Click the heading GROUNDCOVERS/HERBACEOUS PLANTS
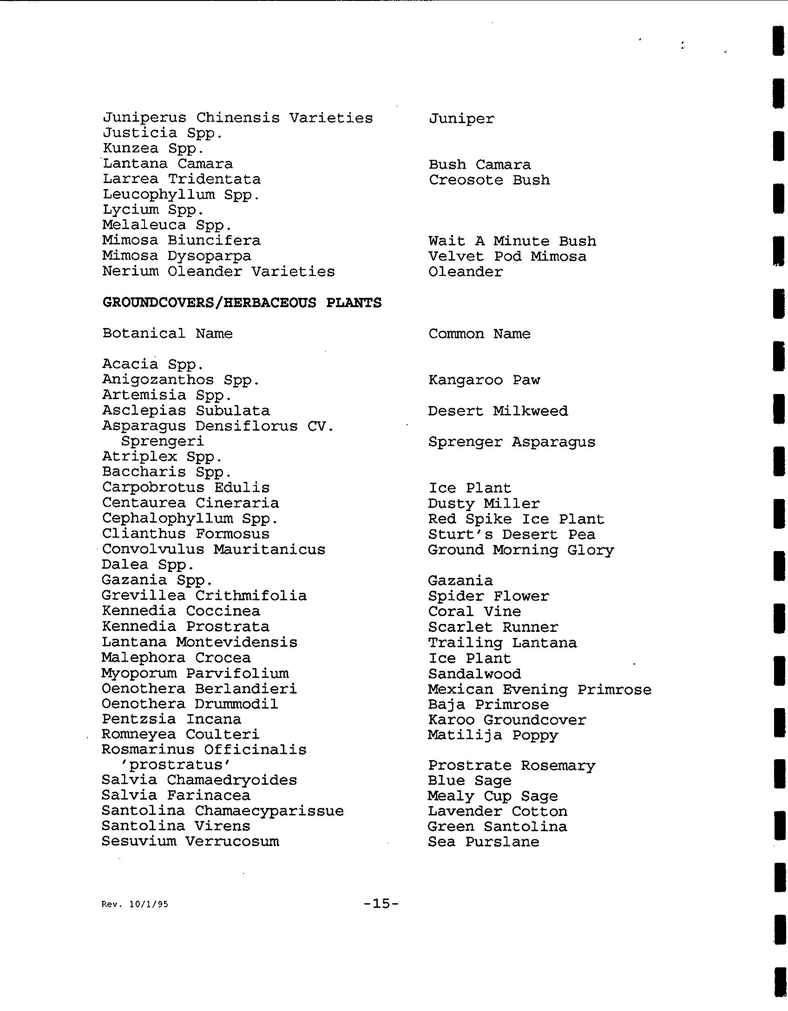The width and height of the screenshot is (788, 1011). coord(242,302)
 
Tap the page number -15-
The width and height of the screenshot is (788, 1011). coord(381,903)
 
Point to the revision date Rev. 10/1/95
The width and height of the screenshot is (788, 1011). coord(135,904)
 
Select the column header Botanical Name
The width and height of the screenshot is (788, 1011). coord(167,333)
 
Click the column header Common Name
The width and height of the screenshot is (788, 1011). coord(479,334)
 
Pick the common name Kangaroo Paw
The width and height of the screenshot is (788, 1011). coord(484,380)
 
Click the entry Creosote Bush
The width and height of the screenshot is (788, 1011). coord(489,180)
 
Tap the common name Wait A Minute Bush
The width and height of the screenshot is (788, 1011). coord(512,241)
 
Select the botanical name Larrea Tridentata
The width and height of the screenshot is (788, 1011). coord(181,179)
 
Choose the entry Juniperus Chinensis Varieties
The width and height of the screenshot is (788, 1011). coord(237,118)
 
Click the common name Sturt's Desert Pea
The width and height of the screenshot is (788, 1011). coord(511,534)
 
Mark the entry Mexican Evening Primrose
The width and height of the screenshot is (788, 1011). coord(539,689)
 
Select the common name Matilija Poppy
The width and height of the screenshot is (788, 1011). coord(492,735)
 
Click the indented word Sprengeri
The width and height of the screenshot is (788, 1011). coord(162,441)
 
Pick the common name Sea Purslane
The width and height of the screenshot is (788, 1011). coord(483,842)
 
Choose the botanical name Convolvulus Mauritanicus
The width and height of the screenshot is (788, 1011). coord(214,549)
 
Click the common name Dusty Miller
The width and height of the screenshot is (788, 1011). coord(484,504)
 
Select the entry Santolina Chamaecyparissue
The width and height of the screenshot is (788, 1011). coord(223,811)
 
